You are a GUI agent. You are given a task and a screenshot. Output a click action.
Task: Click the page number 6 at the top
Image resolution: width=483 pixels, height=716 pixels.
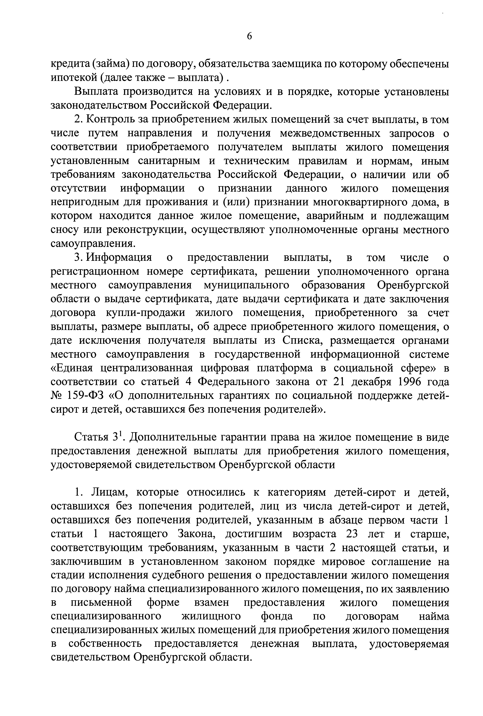click(x=249, y=36)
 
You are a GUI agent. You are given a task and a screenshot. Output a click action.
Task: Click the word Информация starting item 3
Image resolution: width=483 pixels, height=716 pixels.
click(x=119, y=258)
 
